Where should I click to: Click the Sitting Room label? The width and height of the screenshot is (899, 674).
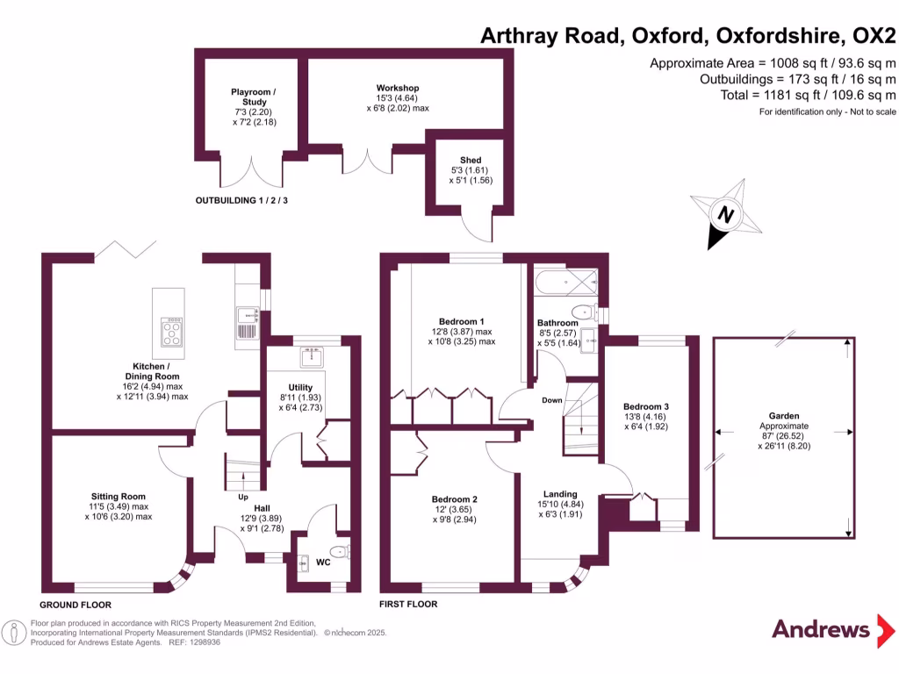click(x=119, y=496)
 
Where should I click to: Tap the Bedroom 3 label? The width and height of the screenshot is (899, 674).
click(x=646, y=406)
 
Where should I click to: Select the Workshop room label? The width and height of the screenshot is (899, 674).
click(x=397, y=88)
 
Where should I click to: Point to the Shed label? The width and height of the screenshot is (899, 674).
click(x=470, y=160)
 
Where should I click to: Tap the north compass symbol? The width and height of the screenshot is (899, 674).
click(x=726, y=214)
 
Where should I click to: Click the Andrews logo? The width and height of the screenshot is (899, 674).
click(x=820, y=628)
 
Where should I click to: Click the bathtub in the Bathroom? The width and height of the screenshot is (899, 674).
click(x=566, y=283)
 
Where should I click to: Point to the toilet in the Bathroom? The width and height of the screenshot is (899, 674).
click(x=582, y=312)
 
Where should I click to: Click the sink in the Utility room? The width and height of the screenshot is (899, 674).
click(x=312, y=357)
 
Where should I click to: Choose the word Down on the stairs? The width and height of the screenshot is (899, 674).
click(x=551, y=400)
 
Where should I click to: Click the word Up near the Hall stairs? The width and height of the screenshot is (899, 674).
click(x=243, y=497)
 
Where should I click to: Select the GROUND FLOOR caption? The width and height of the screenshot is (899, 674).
click(x=76, y=605)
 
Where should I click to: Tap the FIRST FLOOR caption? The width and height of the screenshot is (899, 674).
click(x=408, y=605)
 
